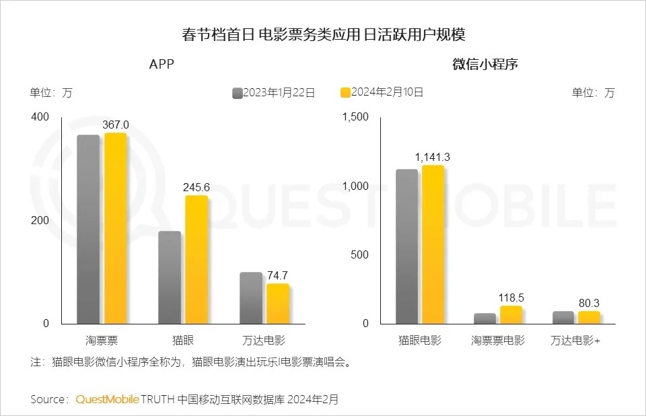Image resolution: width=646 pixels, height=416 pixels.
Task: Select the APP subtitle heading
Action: point(162,65)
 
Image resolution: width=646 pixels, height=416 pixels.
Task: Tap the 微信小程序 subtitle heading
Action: point(485,65)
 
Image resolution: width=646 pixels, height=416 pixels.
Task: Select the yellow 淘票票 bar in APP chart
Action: point(115,229)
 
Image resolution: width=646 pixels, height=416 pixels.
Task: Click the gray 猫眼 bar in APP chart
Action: point(170,277)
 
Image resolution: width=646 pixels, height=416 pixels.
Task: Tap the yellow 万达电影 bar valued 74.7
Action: point(278,304)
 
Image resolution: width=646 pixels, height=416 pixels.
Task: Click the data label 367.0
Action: point(115,125)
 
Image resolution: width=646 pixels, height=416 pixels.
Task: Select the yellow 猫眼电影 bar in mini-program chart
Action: point(433,244)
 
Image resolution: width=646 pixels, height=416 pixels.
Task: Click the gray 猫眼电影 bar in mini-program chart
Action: point(406,246)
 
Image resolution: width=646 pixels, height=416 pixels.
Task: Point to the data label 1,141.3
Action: point(433,158)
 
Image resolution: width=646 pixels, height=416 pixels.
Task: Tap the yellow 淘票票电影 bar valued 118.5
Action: point(511,315)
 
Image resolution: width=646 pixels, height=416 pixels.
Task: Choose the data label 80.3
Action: point(589,304)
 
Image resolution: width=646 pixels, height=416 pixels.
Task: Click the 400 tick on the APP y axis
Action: point(40,117)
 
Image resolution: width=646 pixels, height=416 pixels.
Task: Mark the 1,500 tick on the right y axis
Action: point(356,117)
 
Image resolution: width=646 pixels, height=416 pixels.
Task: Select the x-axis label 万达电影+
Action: point(575,340)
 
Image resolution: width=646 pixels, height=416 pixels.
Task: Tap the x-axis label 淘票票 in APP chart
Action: point(102,340)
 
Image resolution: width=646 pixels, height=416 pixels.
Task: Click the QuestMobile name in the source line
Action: point(107,399)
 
